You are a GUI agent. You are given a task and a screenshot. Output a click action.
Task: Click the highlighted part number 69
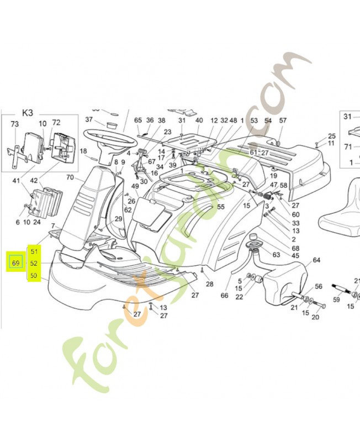(16, 263)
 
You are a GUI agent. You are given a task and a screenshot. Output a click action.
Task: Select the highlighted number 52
(34, 264)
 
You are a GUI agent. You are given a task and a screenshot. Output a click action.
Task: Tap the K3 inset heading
(27, 113)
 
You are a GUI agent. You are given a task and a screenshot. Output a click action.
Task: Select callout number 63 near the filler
(276, 255)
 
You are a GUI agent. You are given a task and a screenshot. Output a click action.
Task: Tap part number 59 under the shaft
(336, 301)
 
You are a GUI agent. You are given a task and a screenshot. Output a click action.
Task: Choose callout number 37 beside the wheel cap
(89, 120)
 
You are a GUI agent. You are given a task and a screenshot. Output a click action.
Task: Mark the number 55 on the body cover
(220, 207)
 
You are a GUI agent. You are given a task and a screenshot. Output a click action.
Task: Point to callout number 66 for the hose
(224, 296)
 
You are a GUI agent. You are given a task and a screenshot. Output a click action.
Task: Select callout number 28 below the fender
(209, 284)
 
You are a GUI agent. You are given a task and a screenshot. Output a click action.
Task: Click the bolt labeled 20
(315, 317)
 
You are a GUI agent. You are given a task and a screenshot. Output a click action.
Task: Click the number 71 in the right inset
(347, 146)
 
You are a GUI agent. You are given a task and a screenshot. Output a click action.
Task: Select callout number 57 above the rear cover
(283, 120)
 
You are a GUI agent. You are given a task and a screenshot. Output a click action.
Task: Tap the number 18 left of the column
(83, 151)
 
